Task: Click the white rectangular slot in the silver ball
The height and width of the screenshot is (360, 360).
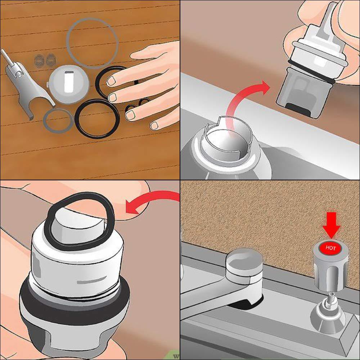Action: click(67, 80)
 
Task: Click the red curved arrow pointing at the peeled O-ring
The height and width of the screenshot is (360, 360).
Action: click(151, 203)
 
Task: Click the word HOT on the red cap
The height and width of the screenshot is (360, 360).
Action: click(330, 248)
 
